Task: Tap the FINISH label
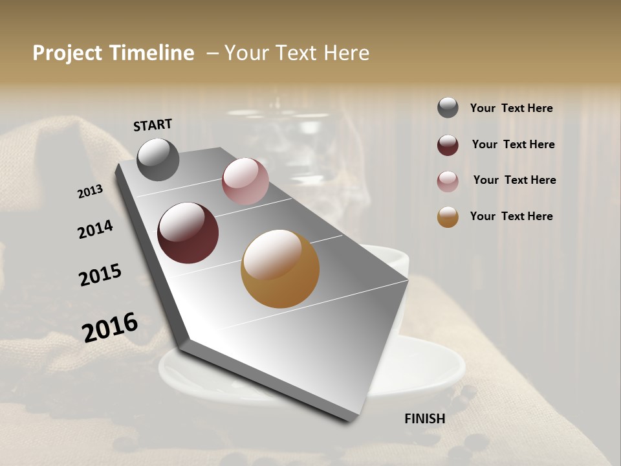click(x=424, y=419)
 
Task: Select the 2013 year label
click(x=90, y=191)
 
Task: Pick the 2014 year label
click(x=95, y=229)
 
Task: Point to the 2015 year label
click(x=100, y=275)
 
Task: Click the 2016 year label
click(x=110, y=327)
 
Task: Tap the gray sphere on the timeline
click(x=158, y=159)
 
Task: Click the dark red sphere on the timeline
click(x=188, y=233)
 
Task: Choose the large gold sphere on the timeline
click(x=280, y=269)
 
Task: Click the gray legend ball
click(x=448, y=108)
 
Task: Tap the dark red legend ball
click(x=448, y=145)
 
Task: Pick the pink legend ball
click(x=448, y=181)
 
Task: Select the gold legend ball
click(x=448, y=217)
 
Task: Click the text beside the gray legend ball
click(x=511, y=108)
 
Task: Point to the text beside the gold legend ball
click(x=511, y=216)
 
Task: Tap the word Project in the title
click(x=67, y=53)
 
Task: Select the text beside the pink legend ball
click(x=514, y=180)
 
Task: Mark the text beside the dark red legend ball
click(x=513, y=144)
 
